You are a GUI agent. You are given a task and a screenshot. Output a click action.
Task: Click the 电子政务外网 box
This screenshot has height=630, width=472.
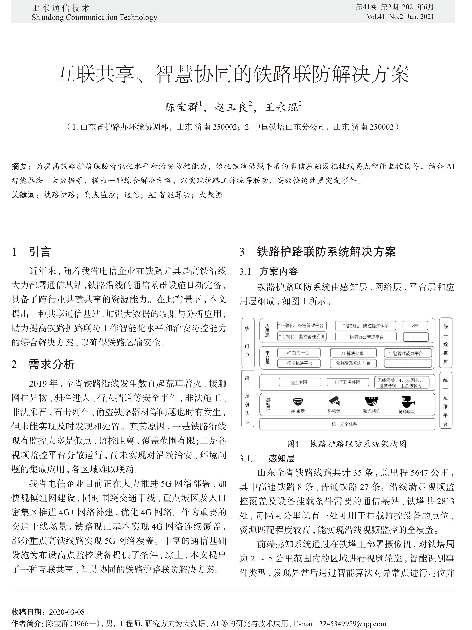(x=348, y=382)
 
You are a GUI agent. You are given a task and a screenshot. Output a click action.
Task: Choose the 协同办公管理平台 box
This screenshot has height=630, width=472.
(x=366, y=337)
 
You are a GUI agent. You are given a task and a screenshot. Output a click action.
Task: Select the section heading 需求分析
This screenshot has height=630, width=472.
(x=52, y=364)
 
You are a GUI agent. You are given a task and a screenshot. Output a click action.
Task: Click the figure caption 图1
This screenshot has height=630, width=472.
(x=293, y=444)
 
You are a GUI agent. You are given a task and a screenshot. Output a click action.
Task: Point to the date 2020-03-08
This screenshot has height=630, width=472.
(x=67, y=612)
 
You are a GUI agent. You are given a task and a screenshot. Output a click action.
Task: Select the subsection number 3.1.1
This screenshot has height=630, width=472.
(x=248, y=459)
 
